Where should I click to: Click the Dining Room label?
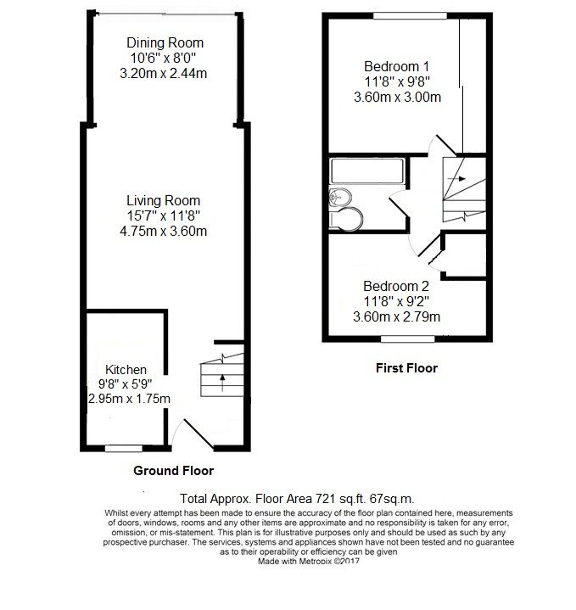[x=165, y=43]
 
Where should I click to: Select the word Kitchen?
[x=126, y=370]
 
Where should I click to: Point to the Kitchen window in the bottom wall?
[x=124, y=447]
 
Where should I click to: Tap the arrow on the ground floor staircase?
[x=222, y=378]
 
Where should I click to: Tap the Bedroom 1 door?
[x=437, y=146]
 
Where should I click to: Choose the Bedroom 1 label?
[x=396, y=66]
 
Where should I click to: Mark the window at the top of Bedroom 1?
[x=411, y=14]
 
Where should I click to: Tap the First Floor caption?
[x=406, y=368]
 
